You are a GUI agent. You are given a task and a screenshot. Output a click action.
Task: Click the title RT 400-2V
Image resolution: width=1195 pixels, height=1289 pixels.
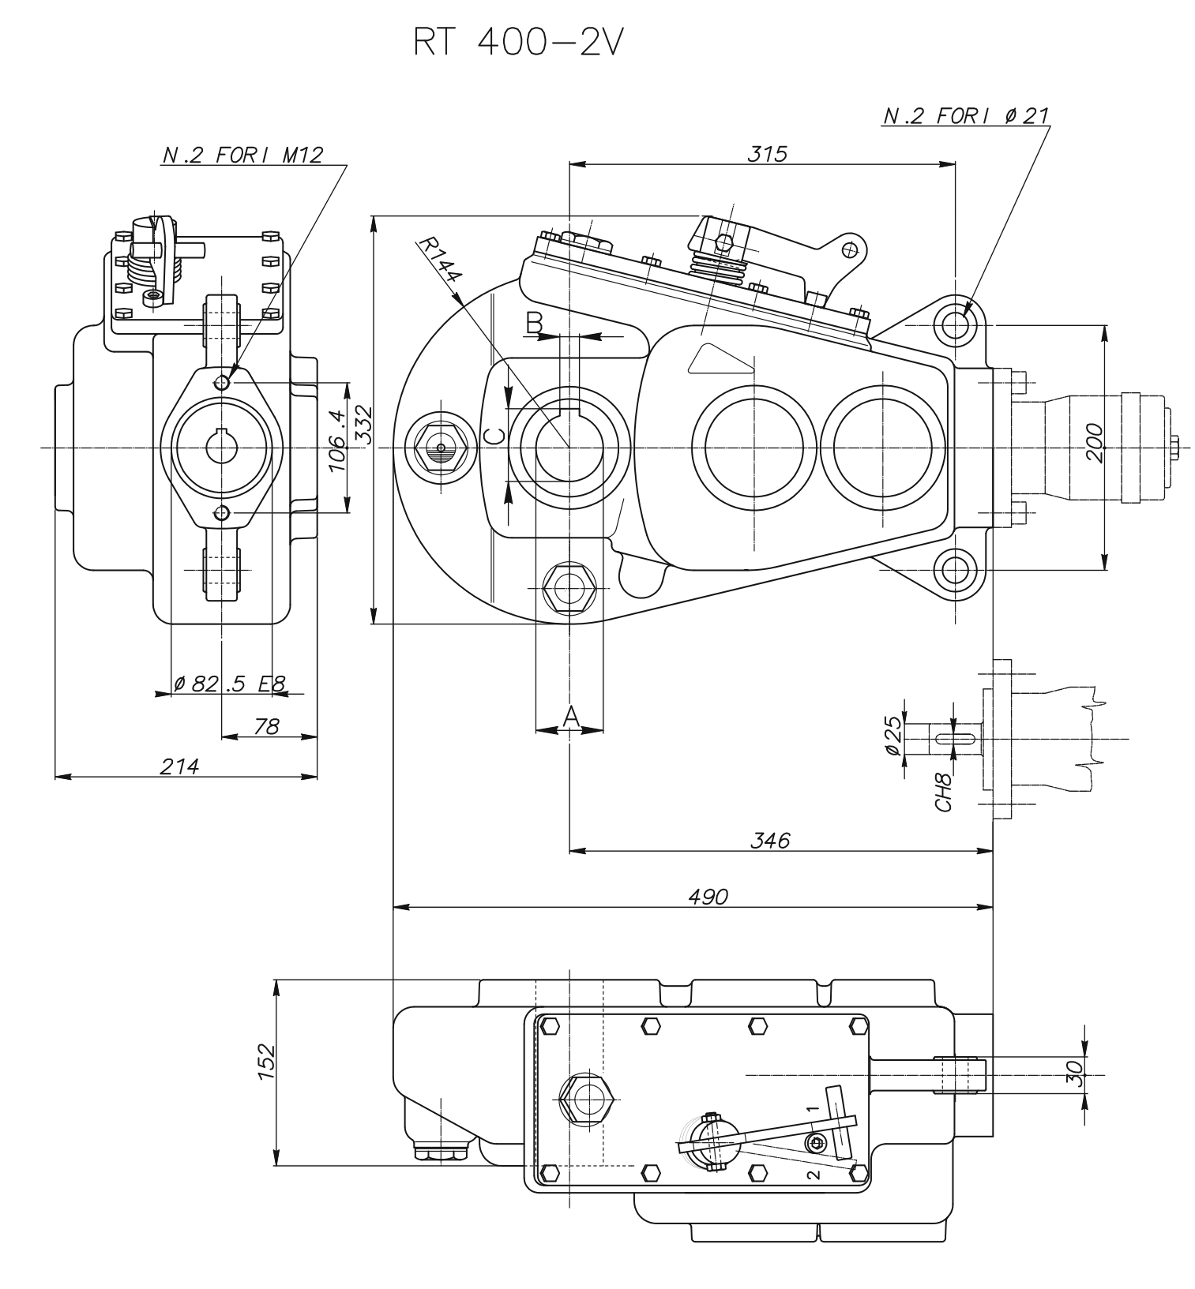[518, 44]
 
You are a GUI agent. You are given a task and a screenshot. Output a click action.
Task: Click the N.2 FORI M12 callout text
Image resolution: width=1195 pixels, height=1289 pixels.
[242, 155]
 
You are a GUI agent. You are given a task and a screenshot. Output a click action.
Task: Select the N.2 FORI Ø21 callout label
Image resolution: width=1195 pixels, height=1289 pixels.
[965, 116]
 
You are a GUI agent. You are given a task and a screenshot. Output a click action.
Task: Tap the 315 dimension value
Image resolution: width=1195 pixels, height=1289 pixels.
[768, 153]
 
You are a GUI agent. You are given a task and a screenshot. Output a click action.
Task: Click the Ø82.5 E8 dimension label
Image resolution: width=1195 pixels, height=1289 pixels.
[230, 684]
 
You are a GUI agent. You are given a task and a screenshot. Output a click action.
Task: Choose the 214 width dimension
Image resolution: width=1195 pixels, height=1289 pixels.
[180, 766]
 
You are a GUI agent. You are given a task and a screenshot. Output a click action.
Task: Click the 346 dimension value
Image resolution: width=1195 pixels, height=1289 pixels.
[770, 841]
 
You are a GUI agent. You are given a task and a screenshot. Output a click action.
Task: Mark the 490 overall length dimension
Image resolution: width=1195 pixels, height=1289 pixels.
[708, 897]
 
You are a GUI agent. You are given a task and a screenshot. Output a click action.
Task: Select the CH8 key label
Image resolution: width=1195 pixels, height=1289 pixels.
[943, 792]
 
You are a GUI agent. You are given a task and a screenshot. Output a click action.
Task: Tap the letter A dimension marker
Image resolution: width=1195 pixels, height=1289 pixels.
[571, 716]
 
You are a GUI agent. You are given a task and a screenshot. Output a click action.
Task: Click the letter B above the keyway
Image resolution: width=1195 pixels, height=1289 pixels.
[535, 322]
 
